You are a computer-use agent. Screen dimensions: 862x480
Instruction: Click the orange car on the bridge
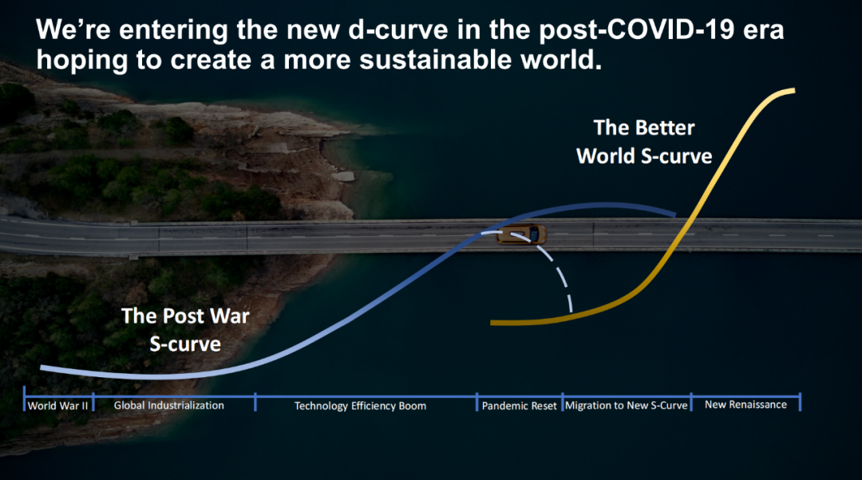tap(521, 234)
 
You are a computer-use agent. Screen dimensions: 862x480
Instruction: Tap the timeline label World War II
tap(57, 406)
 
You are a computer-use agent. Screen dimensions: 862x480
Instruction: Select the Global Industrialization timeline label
tap(168, 405)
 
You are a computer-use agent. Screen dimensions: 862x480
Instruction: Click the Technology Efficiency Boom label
tap(360, 406)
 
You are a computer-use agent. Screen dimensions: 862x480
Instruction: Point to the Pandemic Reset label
tap(520, 406)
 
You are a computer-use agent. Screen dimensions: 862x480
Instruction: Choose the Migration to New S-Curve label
tap(627, 405)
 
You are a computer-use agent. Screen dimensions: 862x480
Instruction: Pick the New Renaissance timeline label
tap(745, 405)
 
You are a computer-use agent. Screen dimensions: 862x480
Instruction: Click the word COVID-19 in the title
tap(663, 30)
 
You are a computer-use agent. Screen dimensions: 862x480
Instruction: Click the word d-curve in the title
tap(398, 30)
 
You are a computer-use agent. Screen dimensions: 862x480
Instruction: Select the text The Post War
tap(185, 316)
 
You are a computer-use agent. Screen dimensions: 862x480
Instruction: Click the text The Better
tap(644, 128)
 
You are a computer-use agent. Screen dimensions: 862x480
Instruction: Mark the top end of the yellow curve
tap(794, 91)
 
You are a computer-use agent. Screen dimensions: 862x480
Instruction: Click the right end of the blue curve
tap(675, 214)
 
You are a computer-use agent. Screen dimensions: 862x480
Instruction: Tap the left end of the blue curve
tap(42, 368)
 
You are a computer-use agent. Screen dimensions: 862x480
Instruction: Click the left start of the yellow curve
tap(492, 323)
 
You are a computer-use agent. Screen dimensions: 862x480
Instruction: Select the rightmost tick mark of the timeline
tap(800, 402)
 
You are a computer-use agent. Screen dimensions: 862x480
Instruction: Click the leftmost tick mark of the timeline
tap(24, 398)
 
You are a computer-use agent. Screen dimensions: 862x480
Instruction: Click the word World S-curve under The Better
tap(644, 156)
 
